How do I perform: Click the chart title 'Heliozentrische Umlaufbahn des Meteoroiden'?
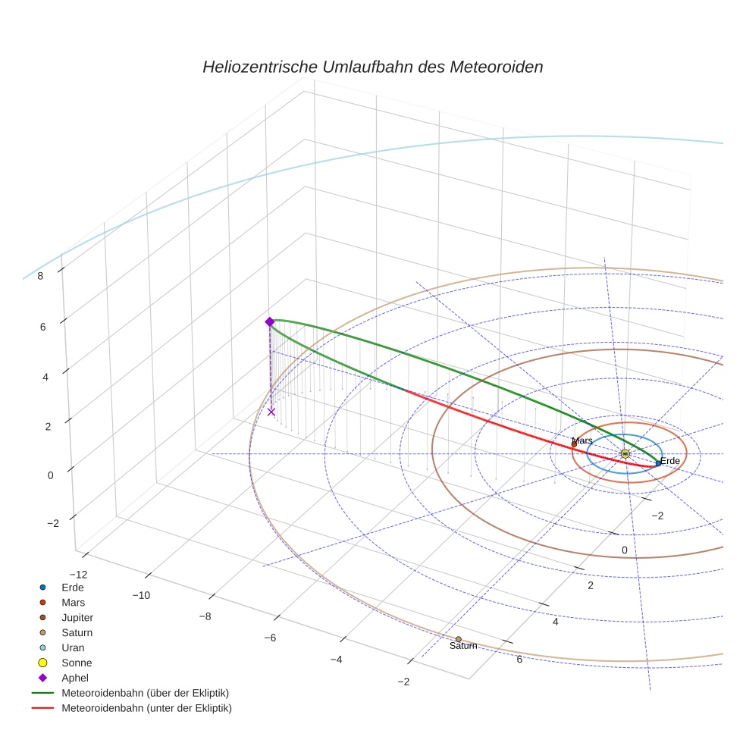click(372, 67)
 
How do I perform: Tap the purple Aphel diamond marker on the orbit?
click(269, 322)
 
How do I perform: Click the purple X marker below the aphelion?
click(271, 412)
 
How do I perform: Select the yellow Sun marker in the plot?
click(625, 453)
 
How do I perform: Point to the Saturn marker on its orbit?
click(459, 639)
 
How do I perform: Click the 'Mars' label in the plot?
click(582, 440)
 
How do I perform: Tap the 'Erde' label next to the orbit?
click(670, 461)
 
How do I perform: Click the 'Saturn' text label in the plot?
click(463, 647)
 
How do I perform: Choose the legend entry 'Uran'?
click(73, 647)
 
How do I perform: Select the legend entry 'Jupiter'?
click(77, 617)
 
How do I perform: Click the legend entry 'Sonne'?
click(77, 663)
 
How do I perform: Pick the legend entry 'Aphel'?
click(74, 678)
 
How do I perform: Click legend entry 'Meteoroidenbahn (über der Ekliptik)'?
click(145, 693)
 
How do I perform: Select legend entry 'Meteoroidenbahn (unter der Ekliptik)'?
click(146, 708)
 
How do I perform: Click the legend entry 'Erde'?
click(73, 587)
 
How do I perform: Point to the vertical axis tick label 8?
click(40, 276)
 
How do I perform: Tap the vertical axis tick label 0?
click(51, 475)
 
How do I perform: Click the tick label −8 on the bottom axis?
click(204, 616)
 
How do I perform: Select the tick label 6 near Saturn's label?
click(519, 659)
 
